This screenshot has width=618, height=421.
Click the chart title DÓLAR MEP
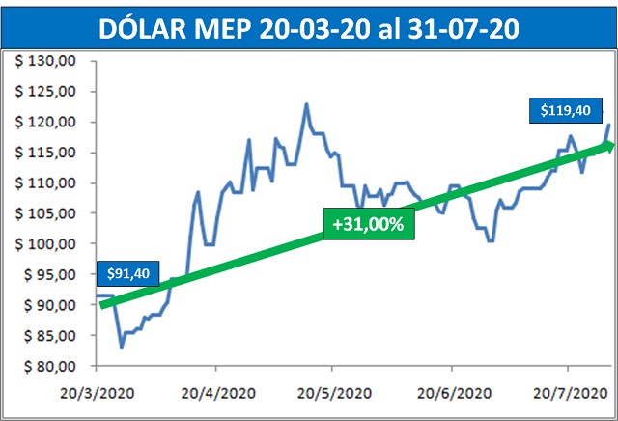pyautogui.click(x=309, y=29)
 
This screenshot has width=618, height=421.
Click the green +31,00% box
pyautogui.click(x=367, y=224)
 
